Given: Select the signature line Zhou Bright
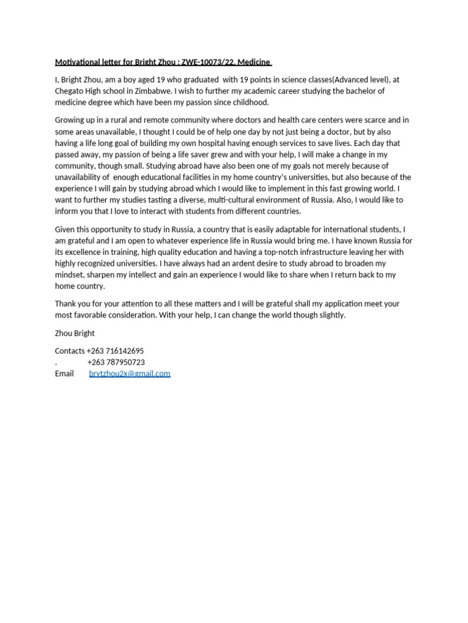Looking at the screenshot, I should [75, 333].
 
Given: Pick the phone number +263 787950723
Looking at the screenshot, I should [116, 362].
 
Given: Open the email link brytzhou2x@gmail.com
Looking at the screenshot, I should [130, 374].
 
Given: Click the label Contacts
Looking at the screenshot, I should [70, 351].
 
